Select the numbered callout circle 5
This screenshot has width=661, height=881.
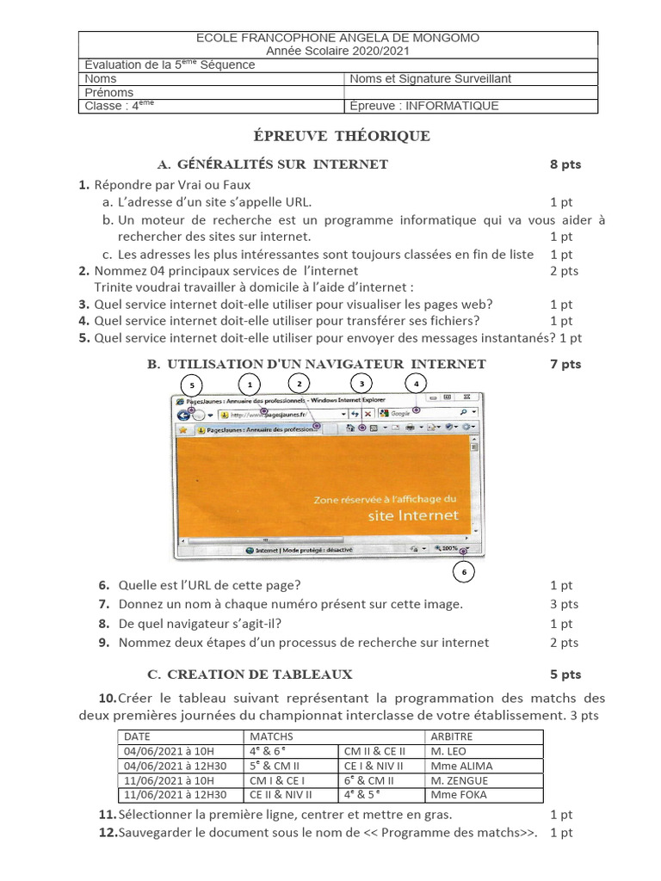[192, 385]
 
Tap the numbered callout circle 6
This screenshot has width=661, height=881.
[463, 571]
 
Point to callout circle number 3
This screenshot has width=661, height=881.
[362, 383]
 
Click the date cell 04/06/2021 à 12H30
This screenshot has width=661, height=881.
[176, 766]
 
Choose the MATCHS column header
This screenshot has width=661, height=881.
[271, 736]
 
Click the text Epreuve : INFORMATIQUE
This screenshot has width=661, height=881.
[423, 107]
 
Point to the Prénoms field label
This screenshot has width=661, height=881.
[109, 92]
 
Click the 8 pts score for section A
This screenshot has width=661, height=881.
[565, 164]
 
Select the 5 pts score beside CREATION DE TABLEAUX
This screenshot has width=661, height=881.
[565, 675]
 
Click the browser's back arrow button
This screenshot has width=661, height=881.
[183, 414]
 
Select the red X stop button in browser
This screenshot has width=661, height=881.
[368, 414]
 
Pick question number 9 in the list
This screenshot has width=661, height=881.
[103, 642]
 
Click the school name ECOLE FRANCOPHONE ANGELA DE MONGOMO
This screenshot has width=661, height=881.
[338, 38]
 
